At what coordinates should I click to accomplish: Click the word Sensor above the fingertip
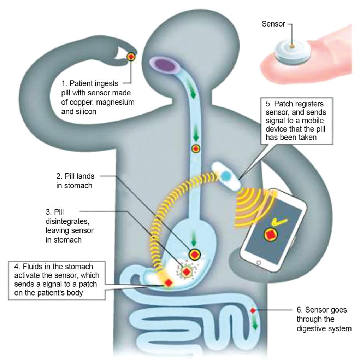[x=273, y=24]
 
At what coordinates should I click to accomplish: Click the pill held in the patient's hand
[x=131, y=57]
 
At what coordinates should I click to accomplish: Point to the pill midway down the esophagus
[x=196, y=149]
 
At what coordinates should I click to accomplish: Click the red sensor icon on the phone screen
[x=270, y=234]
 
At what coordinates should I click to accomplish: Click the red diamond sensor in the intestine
[x=253, y=310]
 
